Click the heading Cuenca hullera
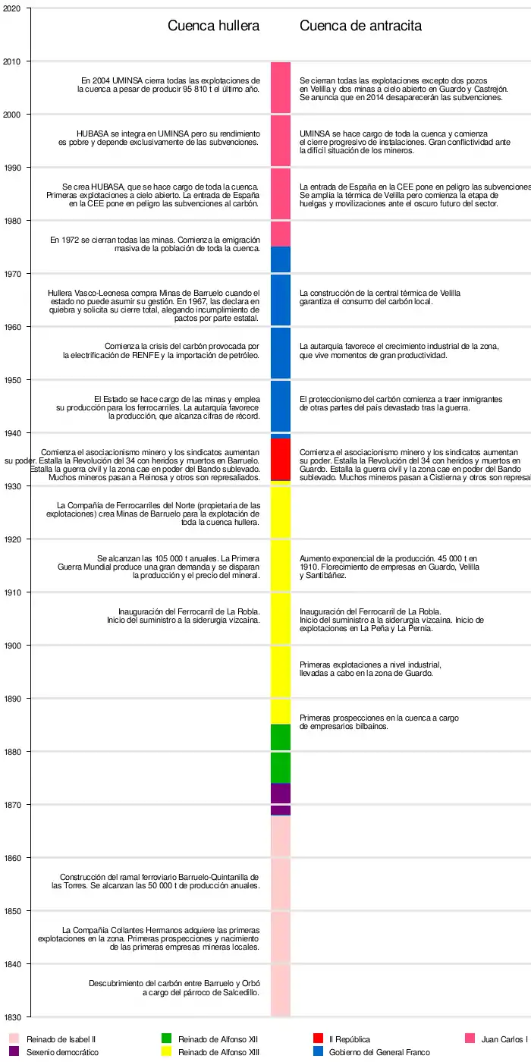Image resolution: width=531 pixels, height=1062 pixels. [213, 26]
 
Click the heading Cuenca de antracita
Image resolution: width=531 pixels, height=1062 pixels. [360, 26]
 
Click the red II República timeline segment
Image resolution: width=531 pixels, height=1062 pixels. [281, 459]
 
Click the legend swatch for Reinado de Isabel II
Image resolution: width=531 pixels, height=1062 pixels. [14, 1038]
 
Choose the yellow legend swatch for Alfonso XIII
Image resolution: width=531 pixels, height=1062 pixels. [166, 1051]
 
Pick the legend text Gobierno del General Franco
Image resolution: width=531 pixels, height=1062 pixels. [379, 1052]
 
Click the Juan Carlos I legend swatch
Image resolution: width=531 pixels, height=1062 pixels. [470, 1038]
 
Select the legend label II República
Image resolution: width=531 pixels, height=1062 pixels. [349, 1039]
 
